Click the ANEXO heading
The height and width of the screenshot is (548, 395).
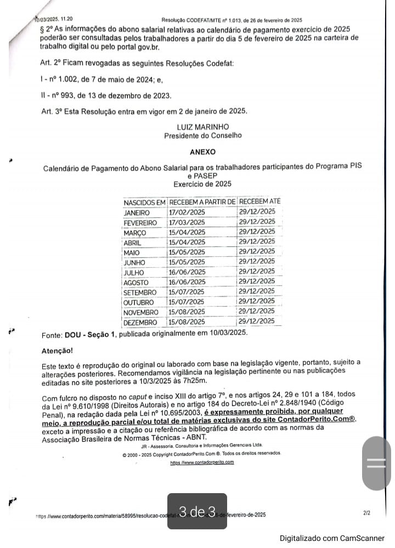202,152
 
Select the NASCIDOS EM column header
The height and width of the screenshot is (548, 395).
144,202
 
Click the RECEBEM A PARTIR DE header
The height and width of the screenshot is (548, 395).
202,202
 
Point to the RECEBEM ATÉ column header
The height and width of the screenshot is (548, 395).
259,201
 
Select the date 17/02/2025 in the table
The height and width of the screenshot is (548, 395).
187,212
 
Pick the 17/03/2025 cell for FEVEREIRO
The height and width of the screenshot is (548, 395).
187,222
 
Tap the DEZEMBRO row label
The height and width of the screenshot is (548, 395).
140,323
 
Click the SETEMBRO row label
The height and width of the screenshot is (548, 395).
140,292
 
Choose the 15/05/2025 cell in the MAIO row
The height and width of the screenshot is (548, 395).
187,252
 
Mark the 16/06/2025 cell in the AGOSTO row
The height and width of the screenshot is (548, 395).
187,282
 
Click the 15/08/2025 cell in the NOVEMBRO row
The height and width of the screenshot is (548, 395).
187,312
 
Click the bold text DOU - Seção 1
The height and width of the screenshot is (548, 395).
90,334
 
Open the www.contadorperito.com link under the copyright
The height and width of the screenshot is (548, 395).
202,462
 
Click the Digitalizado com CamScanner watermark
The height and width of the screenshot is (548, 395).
332,538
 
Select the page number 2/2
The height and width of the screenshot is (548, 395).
366,513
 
